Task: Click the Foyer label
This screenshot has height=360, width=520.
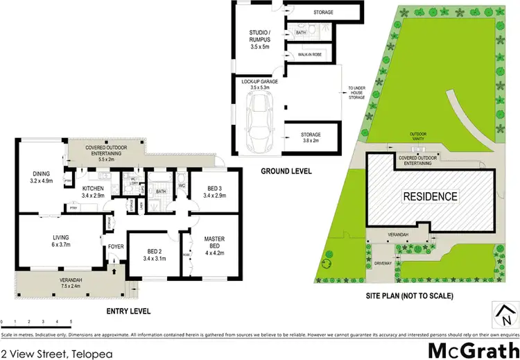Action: [x=114, y=245]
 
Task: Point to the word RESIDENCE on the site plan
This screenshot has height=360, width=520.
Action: [x=431, y=196]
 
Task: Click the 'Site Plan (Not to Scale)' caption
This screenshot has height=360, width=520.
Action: [x=409, y=296]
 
